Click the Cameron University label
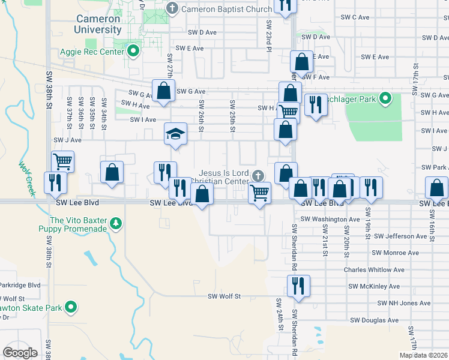pos(98,24)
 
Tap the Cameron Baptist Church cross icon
pos(173,8)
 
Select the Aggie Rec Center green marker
pos(134,51)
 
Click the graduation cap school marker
pos(175,133)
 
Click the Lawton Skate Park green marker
pos(71,308)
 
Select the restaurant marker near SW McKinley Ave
pos(298,286)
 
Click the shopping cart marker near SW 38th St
pos(62,161)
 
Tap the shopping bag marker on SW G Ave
pos(163,91)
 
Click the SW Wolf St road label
pos(224,296)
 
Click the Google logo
pos(20,353)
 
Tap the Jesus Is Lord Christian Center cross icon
pos(258,176)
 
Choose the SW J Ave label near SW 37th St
pos(67,140)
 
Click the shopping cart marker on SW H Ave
pos(289,110)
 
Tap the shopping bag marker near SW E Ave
pos(301,62)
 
